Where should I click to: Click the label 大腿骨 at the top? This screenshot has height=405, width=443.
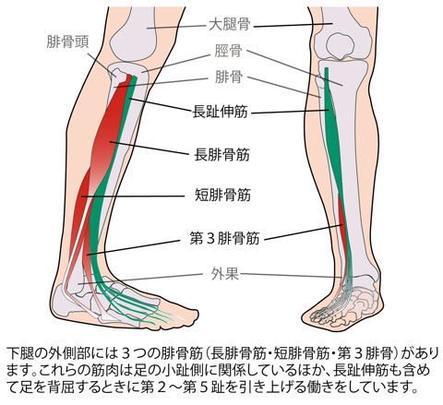point(230,25)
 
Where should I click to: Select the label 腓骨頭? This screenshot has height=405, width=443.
point(67,42)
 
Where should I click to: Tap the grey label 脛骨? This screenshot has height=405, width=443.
point(228,51)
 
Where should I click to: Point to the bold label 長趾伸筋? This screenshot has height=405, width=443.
point(220,112)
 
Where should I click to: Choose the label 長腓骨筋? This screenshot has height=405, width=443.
point(221,155)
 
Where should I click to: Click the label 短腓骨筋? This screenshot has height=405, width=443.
point(223,195)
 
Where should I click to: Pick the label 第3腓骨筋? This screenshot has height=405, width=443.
point(224,238)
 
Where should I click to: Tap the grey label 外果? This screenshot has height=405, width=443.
point(225,274)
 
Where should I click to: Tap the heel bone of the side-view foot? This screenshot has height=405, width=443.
point(63,300)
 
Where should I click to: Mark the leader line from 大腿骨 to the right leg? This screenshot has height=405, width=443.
point(293,25)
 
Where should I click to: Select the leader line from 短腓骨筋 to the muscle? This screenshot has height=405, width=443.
point(133,196)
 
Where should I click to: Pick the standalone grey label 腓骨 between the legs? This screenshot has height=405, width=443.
point(228,77)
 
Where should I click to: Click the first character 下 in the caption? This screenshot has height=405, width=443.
point(11,353)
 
